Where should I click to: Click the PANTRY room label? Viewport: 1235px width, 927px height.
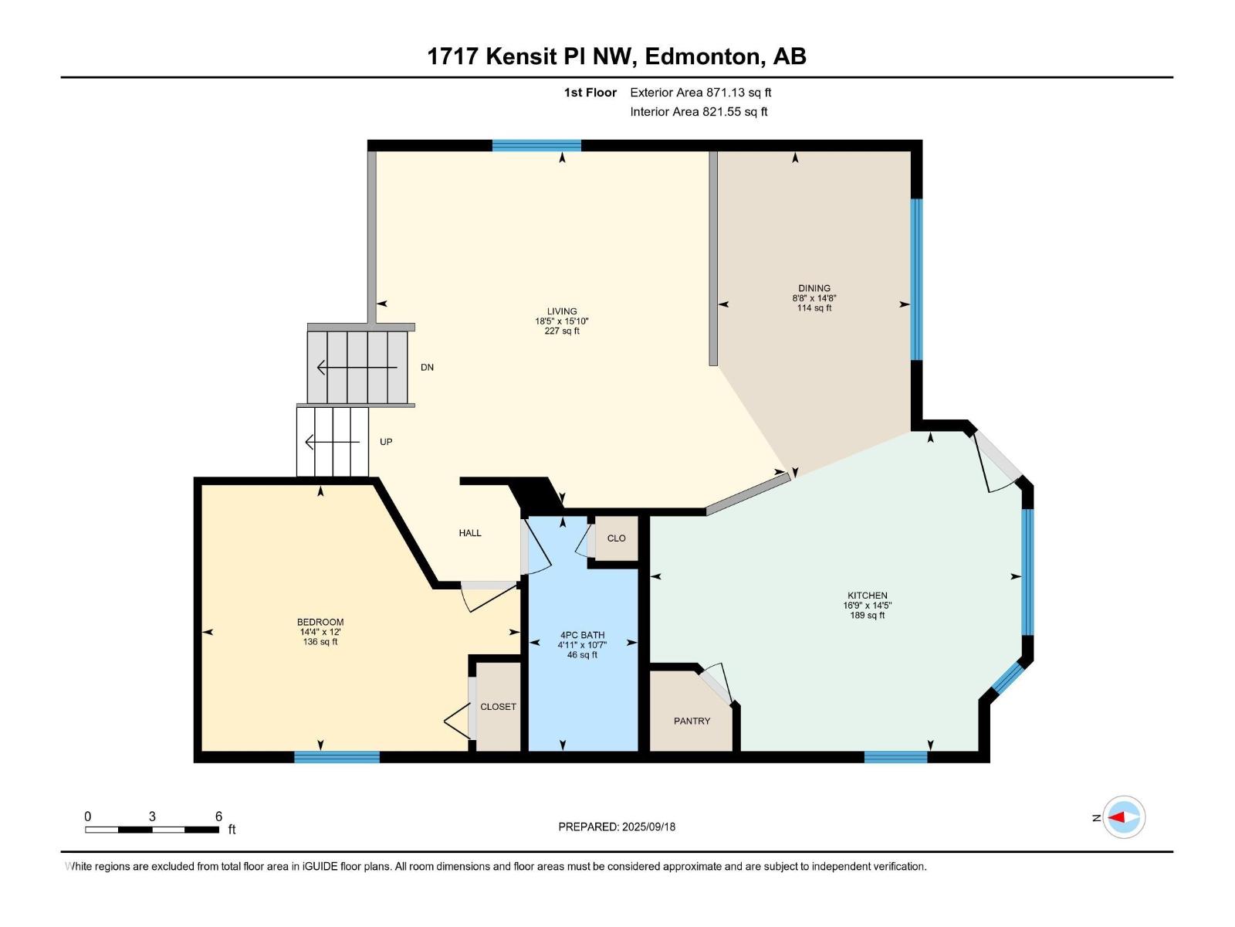pos(692,721)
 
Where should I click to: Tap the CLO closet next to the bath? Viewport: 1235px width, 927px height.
pos(616,538)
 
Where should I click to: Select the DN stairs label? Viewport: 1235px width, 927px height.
pos(427,368)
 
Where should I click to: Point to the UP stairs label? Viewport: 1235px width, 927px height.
pos(386,442)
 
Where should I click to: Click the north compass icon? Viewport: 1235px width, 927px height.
pos(1123,817)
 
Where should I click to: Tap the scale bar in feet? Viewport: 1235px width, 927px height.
pos(152,830)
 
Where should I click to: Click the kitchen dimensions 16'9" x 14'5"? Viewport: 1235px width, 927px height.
pos(868,606)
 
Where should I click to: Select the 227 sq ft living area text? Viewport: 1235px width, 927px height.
pos(562,331)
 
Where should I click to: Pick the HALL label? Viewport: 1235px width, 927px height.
pos(470,533)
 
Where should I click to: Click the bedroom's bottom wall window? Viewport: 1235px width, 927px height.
pos(337,757)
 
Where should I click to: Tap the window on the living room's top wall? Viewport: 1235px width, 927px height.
pos(536,145)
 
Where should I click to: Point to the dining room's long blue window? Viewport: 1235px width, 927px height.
pos(916,280)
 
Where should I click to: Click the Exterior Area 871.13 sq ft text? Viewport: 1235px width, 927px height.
pos(700,93)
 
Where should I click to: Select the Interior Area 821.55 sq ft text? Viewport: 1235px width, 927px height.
pos(699,112)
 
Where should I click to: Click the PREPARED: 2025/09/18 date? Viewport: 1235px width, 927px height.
pos(617,827)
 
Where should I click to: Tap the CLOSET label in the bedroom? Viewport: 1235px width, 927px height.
pos(498,707)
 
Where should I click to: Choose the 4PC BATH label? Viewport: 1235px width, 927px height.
pos(582,635)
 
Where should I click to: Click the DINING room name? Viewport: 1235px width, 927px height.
pos(814,288)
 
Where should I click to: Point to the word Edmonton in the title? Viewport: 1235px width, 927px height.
pos(702,56)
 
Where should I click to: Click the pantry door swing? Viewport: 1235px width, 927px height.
pos(716,681)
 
